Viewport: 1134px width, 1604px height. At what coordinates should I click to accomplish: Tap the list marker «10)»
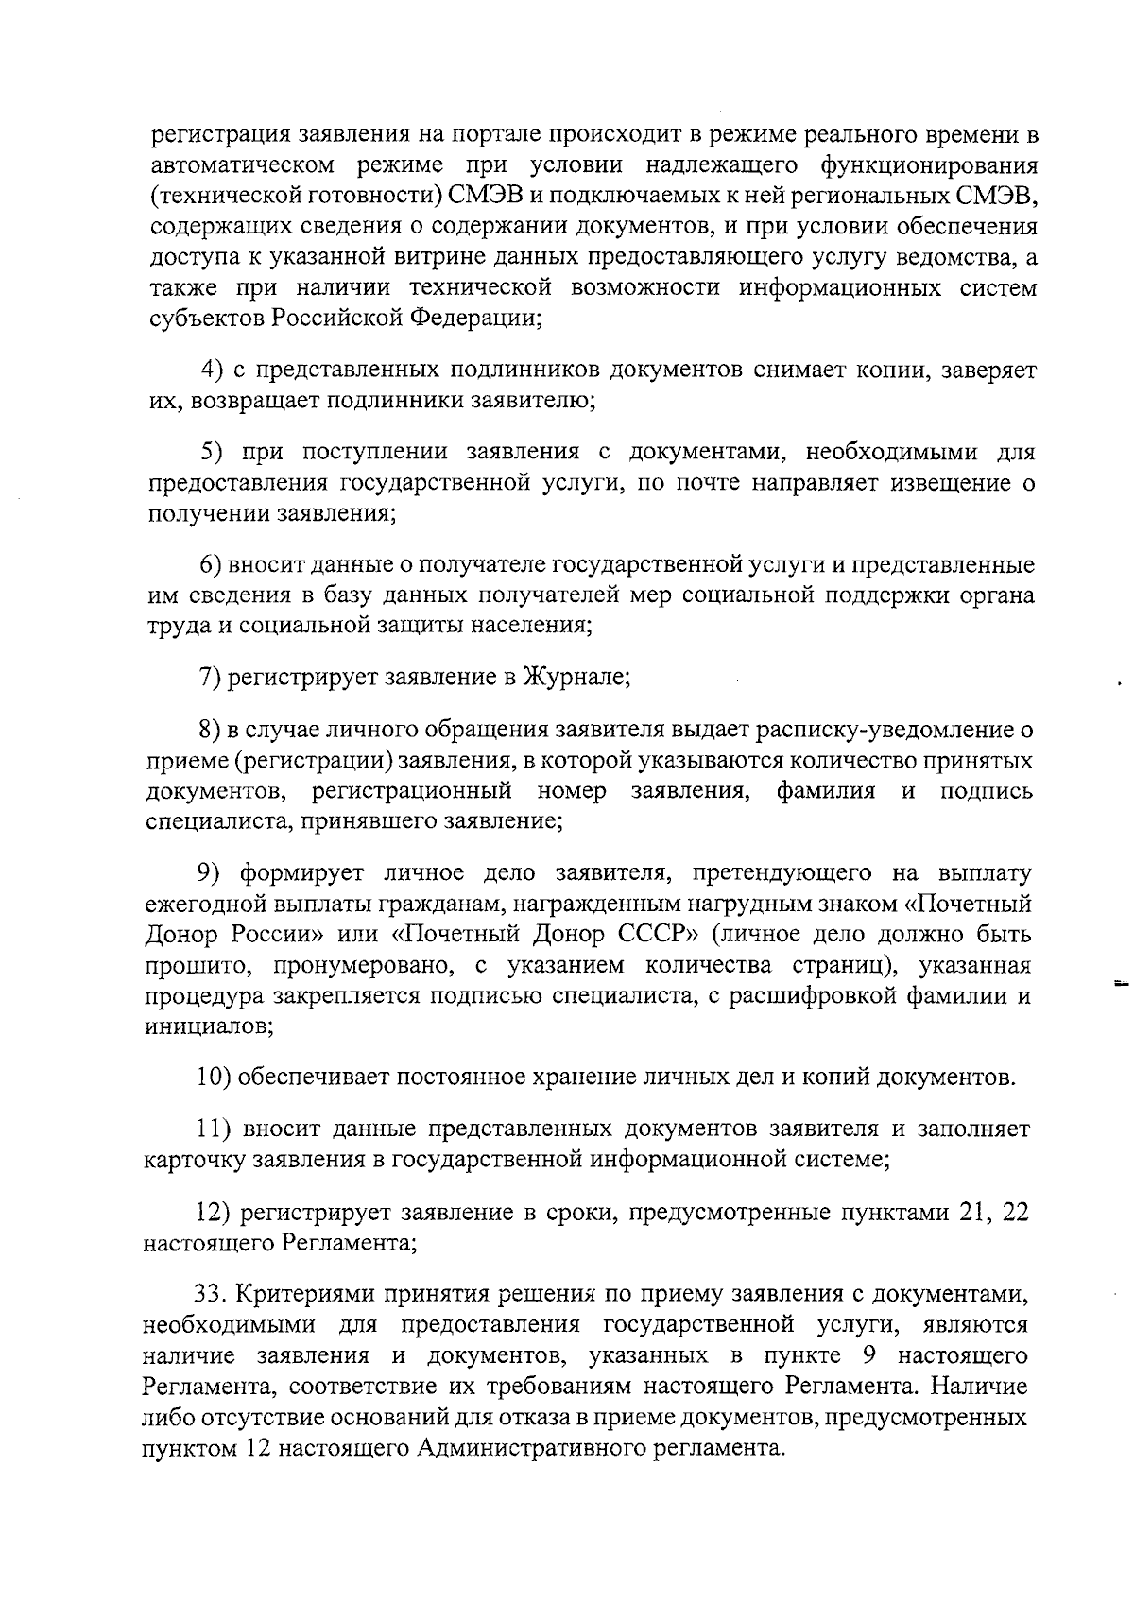click(214, 1078)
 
